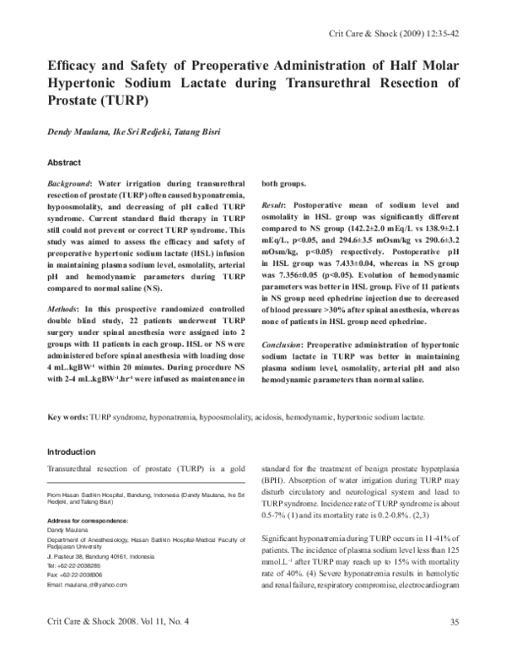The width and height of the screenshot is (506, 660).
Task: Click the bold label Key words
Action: point(67,417)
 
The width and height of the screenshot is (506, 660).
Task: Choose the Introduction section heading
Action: point(72,452)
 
